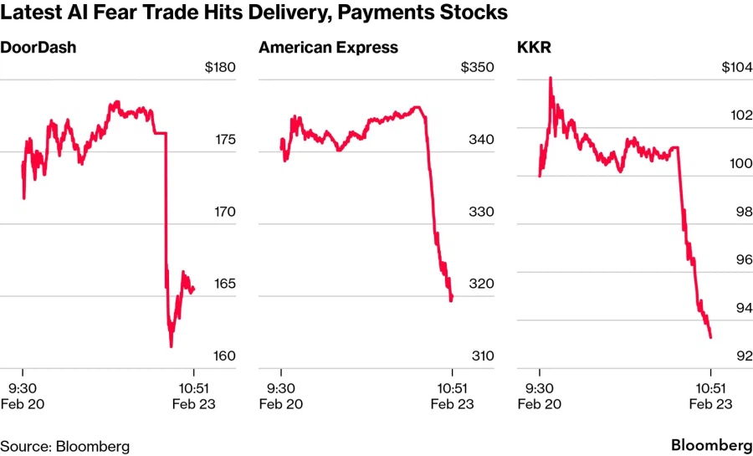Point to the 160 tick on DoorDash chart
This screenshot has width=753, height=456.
click(x=223, y=356)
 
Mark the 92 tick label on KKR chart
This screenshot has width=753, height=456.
click(x=741, y=356)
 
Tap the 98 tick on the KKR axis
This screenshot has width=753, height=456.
click(x=741, y=213)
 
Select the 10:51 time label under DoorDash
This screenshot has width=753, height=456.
click(x=194, y=387)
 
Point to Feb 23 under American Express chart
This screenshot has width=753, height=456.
click(x=452, y=403)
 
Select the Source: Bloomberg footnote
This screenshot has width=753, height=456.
click(x=64, y=446)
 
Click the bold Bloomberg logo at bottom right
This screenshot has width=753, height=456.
click(x=710, y=445)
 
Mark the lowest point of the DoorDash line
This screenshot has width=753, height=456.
click(x=171, y=346)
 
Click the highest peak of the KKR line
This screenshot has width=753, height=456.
click(x=550, y=78)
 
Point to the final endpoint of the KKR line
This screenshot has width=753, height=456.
click(x=710, y=337)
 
